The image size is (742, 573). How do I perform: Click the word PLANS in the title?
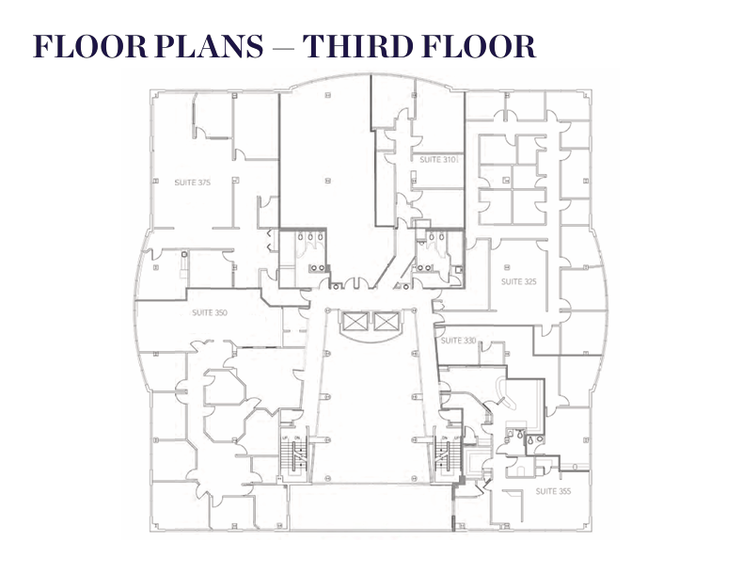[x=209, y=46]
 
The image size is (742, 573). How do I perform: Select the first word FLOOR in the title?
[x=90, y=46]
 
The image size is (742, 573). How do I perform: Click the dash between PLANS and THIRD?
[x=283, y=48]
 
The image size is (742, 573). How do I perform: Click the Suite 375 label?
[x=192, y=183]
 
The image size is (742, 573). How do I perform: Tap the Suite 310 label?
[x=438, y=160]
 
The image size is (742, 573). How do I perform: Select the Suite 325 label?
[x=518, y=281]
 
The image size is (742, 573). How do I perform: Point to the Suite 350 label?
[x=210, y=312]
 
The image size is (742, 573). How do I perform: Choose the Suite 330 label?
[x=458, y=341]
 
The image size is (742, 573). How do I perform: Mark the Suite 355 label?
[x=553, y=491]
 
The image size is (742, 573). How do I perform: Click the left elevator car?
[x=355, y=322]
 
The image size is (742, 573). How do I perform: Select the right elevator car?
[x=387, y=322]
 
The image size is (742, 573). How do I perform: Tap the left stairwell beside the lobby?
[x=294, y=457]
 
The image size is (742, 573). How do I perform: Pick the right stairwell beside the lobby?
[x=448, y=457]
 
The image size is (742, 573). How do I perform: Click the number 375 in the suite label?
[x=204, y=183]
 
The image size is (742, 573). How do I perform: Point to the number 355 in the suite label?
[x=564, y=491]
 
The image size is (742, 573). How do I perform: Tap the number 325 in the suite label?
[x=530, y=281]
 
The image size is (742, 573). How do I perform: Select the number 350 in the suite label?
[x=221, y=312]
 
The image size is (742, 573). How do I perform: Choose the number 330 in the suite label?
[x=469, y=341]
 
